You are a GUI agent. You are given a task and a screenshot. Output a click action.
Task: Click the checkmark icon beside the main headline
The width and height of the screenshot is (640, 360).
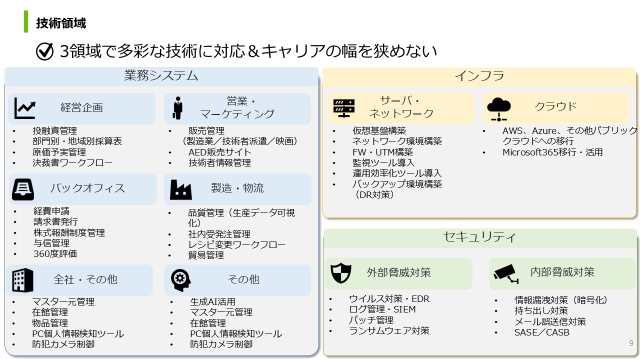[44, 51]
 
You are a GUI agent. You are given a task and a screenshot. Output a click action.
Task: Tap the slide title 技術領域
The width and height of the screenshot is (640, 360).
[61, 23]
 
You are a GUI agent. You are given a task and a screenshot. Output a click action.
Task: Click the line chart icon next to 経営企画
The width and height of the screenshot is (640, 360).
[25, 108]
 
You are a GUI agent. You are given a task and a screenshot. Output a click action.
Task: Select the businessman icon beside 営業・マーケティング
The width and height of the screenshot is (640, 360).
[177, 107]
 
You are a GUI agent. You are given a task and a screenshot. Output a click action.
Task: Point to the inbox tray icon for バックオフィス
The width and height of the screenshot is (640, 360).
[23, 189]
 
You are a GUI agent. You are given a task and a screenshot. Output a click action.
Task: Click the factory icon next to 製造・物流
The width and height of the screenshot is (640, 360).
[181, 189]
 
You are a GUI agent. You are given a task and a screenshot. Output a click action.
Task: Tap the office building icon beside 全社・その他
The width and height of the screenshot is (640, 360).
[23, 280]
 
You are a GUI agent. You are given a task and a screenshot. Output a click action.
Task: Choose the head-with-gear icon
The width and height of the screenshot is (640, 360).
[180, 280]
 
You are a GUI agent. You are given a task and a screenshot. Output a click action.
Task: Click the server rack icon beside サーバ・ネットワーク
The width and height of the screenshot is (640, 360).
[344, 108]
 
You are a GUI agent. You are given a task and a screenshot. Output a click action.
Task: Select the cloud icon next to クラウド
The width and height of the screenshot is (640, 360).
[499, 109]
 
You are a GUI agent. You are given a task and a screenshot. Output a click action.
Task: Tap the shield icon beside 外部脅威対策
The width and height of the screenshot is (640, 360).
[340, 273]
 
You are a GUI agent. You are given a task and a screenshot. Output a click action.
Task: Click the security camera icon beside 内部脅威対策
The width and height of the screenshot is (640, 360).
[506, 273]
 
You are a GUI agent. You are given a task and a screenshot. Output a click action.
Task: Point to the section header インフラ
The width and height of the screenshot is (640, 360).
[479, 76]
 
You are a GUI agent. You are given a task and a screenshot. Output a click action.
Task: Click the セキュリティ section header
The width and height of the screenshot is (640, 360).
[479, 237]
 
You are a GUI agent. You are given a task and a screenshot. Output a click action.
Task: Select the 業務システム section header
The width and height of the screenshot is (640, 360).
[161, 75]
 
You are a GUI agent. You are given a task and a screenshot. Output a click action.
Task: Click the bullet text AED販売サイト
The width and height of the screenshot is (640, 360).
[219, 152]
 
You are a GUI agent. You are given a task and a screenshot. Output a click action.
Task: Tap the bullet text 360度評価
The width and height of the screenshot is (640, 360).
[55, 253]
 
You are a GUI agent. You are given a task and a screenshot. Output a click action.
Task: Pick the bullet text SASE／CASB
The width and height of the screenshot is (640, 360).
[541, 332]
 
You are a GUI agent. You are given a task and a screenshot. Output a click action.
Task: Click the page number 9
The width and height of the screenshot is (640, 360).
[631, 343]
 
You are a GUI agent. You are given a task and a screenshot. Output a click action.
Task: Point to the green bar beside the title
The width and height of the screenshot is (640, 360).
[26, 21]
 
